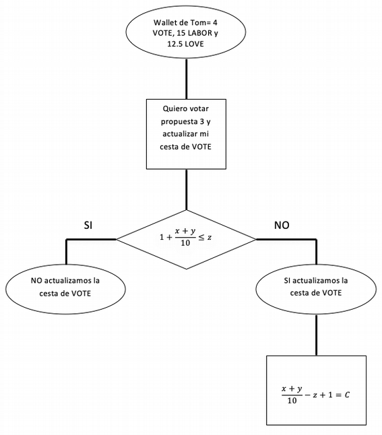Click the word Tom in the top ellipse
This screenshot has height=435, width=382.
tap(199, 22)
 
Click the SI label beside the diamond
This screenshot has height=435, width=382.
tap(88, 226)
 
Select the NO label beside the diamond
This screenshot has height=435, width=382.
tap(282, 225)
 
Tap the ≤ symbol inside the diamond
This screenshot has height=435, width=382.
tap(201, 237)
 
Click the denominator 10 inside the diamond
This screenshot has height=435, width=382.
tap(185, 243)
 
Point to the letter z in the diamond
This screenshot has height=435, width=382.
tap(210, 238)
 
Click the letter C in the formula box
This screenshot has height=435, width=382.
tap(347, 395)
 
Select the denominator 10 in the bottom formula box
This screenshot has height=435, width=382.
tap(292, 401)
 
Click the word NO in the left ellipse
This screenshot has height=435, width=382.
tap(36, 281)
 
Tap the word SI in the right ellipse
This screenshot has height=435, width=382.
tap(287, 281)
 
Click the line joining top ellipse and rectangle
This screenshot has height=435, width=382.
tap(186, 79)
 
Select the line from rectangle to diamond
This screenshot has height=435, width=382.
tap(186, 189)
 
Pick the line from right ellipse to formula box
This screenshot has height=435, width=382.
tap(316, 335)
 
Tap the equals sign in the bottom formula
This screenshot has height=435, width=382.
tap(338, 395)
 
